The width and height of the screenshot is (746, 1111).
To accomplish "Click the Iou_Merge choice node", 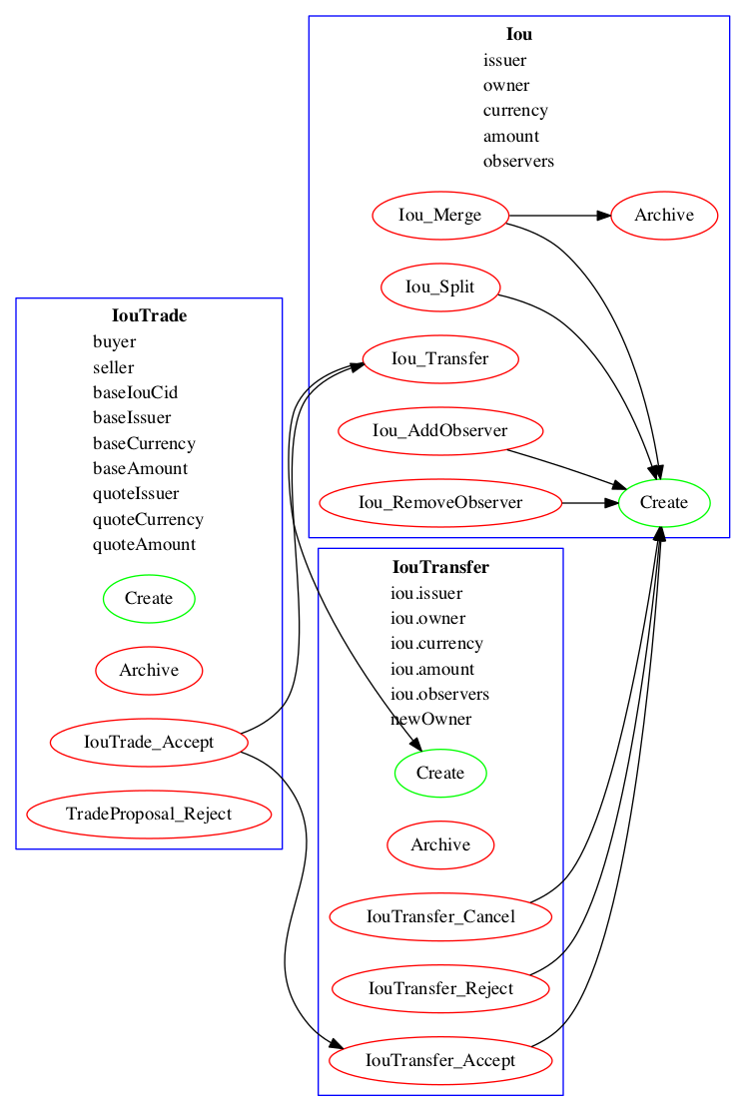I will point(439,216).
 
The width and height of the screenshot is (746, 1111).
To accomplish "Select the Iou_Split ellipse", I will point(439,287).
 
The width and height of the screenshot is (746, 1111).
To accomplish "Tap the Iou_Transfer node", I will point(439,359).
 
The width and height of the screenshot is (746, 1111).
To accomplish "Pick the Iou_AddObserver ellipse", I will point(440,431).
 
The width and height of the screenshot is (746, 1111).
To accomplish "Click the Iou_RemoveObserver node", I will point(440,503).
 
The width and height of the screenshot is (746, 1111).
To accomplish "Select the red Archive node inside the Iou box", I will point(664,216).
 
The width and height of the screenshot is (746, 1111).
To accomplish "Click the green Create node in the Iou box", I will point(664,503).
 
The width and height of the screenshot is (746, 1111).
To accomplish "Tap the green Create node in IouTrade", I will point(149,599).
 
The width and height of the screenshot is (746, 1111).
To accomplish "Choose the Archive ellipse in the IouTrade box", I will point(149,671).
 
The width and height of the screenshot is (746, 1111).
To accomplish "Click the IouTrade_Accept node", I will point(149,743).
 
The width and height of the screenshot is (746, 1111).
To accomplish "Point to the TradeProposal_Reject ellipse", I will point(149,815).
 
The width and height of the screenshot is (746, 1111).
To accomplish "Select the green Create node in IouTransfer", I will point(440,774).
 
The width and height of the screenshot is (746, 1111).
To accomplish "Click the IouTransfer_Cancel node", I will point(440,917).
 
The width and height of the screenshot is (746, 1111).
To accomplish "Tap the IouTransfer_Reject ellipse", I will point(440,989).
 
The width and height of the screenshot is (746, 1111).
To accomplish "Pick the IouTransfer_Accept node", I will point(440,1061).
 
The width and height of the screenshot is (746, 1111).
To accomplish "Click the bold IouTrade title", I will point(149,316).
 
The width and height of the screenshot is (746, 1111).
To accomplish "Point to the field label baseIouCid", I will point(135,392).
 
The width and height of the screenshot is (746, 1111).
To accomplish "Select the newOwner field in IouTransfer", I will point(430,720).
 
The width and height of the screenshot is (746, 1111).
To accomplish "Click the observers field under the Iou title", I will point(518,161).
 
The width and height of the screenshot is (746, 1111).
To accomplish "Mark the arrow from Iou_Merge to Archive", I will point(559,216).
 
